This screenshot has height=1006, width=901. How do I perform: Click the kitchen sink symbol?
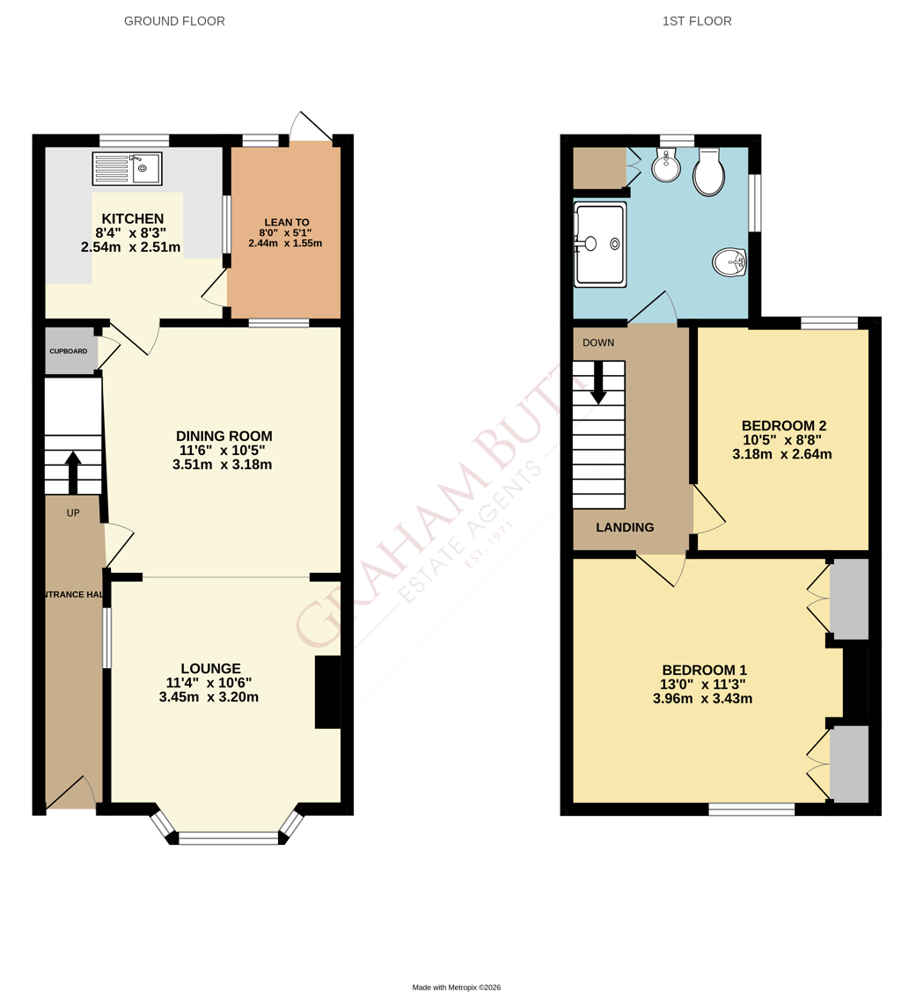pos(127,168)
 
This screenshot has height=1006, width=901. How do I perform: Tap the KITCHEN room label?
pos(133,219)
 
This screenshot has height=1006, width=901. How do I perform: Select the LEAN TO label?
pos(287,222)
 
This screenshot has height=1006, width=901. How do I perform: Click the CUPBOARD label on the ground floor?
pos(69,351)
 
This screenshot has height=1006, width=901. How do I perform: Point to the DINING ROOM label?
pos(223,437)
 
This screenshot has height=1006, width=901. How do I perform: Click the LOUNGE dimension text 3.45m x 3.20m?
pos(209,697)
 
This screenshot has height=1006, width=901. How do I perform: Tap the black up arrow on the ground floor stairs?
pos(72,473)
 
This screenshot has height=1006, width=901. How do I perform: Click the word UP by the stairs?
pos(73,513)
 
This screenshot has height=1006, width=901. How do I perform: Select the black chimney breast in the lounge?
pos(327,693)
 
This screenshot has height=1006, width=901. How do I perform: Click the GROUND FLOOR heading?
pos(174,21)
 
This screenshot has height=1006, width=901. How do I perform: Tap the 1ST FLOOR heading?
pos(697,21)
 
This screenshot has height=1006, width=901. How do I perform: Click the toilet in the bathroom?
pos(708,172)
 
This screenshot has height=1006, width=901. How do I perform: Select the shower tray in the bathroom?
pos(600,245)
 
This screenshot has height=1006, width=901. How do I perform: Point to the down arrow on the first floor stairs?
pos(598,383)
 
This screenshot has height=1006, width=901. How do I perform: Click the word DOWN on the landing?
pos(598,342)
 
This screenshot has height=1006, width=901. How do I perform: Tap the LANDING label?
pos(626,527)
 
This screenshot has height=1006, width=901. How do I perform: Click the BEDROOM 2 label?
pos(784,425)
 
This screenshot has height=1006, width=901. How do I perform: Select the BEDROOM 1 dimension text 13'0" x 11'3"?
pos(703,685)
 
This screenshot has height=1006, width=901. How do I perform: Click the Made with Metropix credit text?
pos(457,988)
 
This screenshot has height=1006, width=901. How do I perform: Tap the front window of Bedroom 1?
pos(751,810)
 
